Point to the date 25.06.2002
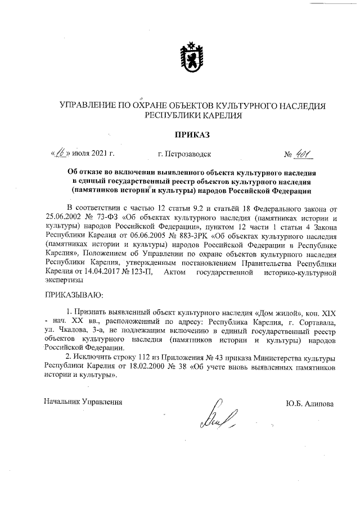63,215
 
